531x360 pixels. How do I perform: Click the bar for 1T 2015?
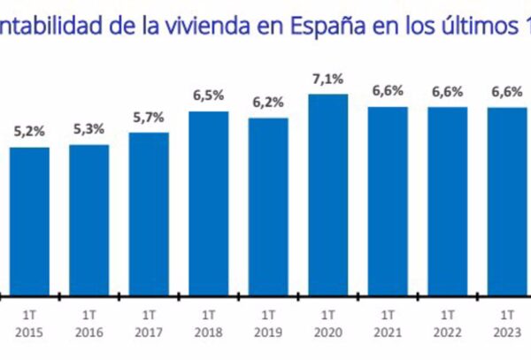pos(29,221)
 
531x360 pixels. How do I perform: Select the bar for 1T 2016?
pos(88,219)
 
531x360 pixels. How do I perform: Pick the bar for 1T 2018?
pos(208,203)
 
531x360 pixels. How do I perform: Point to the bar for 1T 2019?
pos(268,207)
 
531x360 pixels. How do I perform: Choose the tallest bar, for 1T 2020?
pos(327,195)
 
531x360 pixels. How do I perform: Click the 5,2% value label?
pos(29,133)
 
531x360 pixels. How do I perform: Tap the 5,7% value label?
pos(149,119)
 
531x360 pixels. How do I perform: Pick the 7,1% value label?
pos(327,80)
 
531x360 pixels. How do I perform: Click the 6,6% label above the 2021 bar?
pos(388,92)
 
